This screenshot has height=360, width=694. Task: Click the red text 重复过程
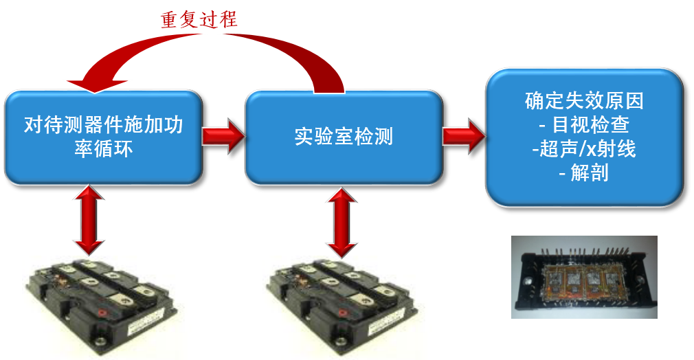click(x=199, y=20)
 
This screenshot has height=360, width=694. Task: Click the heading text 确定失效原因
click(x=584, y=102)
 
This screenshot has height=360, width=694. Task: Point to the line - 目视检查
click(x=584, y=125)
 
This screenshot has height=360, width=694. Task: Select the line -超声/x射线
click(x=584, y=148)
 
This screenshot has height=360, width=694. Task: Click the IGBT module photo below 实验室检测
click(x=347, y=306)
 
